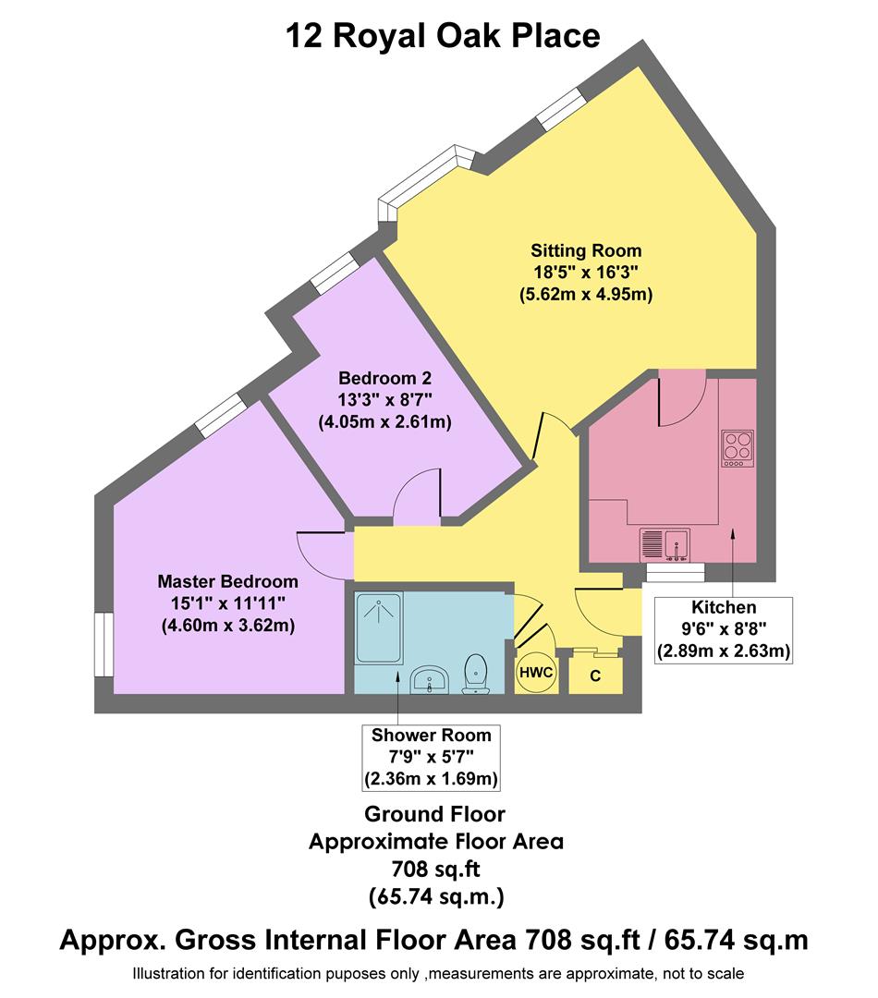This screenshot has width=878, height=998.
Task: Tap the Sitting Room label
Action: (x=585, y=250)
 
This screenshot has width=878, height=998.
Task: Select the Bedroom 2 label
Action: (x=384, y=378)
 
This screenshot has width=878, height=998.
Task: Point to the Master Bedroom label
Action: (x=227, y=581)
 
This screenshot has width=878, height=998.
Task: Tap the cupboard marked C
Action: (x=595, y=675)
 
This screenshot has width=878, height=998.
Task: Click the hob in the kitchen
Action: (x=738, y=449)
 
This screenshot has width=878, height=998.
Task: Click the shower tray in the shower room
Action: (x=379, y=628)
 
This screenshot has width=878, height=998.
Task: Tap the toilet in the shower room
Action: (x=476, y=673)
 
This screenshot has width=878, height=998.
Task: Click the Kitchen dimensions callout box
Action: (x=724, y=629)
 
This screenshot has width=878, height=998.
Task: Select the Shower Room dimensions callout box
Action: (x=432, y=758)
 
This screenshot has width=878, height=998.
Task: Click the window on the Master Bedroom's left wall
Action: (x=104, y=645)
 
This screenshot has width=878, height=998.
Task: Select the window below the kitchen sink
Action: (x=675, y=573)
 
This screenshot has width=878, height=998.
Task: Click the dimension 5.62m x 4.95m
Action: (x=585, y=295)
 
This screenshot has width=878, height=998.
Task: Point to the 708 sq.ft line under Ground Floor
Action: (x=434, y=869)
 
